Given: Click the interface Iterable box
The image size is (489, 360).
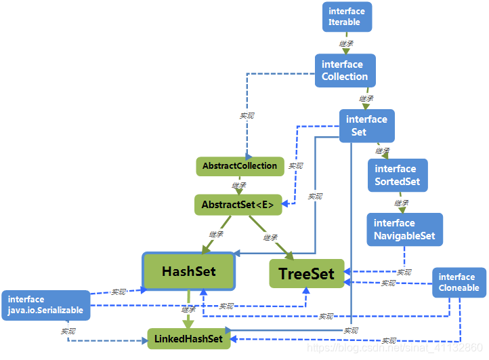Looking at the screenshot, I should coord(346,17).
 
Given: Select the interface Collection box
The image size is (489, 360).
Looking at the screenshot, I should coord(344,71).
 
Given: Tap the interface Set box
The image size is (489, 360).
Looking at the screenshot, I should coord(366,125).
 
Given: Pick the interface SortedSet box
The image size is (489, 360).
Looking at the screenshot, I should coord(398,176).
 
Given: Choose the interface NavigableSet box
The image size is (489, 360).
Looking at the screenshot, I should coord(404,229).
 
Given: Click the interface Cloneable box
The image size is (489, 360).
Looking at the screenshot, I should coord(459,282).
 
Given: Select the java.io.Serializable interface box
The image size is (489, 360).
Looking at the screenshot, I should coord(46,305).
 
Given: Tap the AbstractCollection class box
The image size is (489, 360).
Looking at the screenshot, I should coord(240,166).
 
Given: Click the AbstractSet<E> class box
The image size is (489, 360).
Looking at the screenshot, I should coord(238,204).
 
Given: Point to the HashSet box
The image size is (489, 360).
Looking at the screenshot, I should coord(188,272).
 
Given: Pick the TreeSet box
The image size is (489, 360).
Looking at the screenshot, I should coord(306,273).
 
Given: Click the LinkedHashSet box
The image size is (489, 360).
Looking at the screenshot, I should coord(189,338).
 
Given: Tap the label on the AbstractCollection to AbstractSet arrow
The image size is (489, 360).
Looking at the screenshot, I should coord(239,185).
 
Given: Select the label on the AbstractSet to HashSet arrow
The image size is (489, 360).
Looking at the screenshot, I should coord(216,235).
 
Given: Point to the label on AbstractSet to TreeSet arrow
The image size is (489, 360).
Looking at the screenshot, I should coord(270,237).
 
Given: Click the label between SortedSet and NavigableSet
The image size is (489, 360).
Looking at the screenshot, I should coord(402,203).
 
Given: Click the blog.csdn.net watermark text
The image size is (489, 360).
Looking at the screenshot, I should coord(396,347).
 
